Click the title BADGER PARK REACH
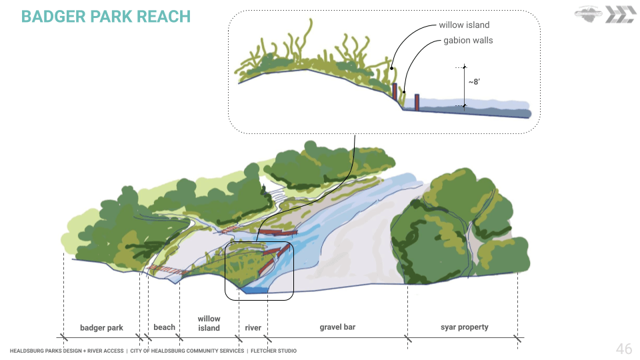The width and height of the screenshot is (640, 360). [106, 17]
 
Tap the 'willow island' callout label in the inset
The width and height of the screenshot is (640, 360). [464, 25]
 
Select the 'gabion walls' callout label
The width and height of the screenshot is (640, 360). [468, 41]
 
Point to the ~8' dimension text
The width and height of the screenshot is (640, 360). [473, 82]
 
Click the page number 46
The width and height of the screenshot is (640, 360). [623, 349]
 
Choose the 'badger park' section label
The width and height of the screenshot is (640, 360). [101, 328]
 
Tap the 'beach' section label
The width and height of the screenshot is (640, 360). [164, 327]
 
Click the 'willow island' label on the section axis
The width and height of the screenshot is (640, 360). [209, 323]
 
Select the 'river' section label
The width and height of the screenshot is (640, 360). [253, 328]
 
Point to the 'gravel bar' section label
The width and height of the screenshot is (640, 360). [338, 327]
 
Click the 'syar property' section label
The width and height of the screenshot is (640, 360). [464, 327]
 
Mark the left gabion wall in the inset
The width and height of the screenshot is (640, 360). [395, 92]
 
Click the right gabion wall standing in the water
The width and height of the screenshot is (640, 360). [417, 102]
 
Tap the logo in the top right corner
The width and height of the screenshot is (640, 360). [604, 15]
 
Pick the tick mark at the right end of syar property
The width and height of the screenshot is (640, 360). [517, 337]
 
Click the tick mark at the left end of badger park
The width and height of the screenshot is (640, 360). [63, 337]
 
